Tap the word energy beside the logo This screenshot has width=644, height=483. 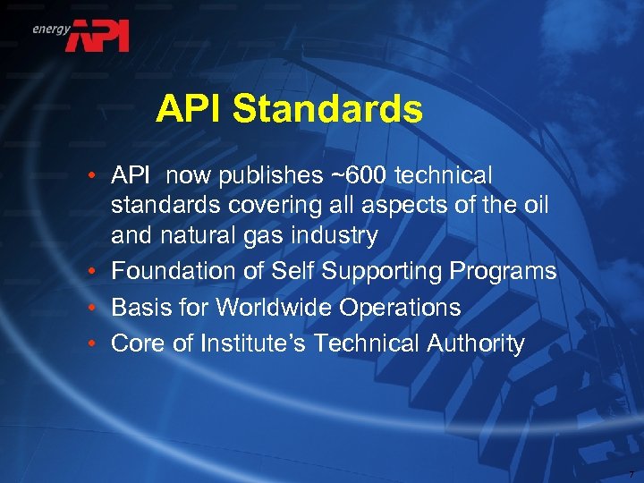52,29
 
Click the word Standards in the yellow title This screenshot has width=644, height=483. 327,110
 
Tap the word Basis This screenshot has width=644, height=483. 139,308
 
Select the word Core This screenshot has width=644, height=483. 136,343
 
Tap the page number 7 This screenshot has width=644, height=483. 631,473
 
